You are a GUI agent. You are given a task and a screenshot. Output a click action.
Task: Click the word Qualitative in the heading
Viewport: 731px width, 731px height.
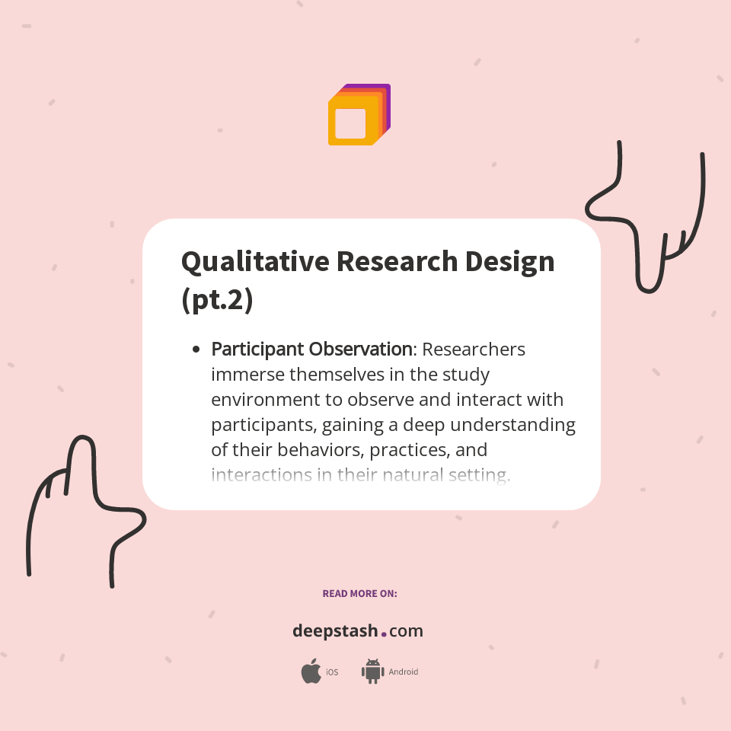click(x=254, y=262)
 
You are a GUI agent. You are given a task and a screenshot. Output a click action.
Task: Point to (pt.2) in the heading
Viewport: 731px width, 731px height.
click(x=217, y=299)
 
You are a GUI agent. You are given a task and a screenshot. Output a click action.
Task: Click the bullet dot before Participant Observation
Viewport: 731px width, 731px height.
click(x=196, y=350)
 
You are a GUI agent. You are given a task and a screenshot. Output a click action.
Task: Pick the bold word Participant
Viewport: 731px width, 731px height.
click(x=257, y=350)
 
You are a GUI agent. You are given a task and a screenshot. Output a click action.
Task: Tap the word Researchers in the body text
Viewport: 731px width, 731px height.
click(x=474, y=350)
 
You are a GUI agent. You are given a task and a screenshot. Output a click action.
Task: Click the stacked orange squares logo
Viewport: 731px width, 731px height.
click(x=359, y=115)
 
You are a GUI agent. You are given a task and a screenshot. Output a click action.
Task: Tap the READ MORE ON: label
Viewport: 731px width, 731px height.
click(x=359, y=593)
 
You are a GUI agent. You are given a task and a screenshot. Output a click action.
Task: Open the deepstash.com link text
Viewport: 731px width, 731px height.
click(x=358, y=631)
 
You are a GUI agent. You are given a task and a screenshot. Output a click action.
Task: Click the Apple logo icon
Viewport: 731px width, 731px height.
click(x=311, y=672)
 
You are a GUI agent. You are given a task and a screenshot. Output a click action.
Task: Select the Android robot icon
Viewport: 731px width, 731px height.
click(x=372, y=672)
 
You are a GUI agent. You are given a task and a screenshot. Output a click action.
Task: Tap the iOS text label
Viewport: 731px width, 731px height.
click(x=332, y=672)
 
